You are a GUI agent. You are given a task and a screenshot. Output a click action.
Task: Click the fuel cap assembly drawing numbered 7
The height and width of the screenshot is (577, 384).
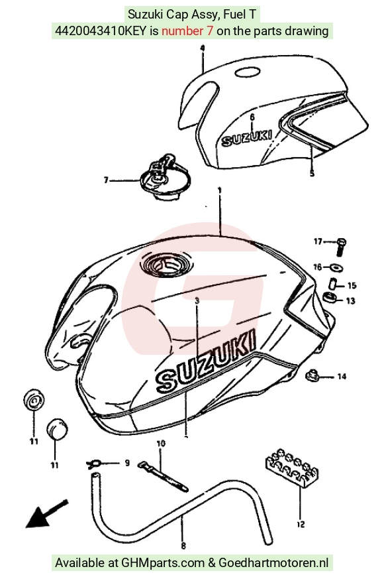point(165,177)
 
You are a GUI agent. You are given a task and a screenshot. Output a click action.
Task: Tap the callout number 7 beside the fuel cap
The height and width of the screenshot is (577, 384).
point(106,180)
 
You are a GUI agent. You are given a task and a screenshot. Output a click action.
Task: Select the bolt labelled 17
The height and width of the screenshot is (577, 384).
point(341,247)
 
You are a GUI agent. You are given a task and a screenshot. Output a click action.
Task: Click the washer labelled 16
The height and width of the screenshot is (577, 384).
point(336,267)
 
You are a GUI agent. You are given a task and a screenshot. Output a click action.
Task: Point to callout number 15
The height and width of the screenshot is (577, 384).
point(352,286)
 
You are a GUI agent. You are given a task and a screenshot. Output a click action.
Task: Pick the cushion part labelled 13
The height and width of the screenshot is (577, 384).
point(329,296)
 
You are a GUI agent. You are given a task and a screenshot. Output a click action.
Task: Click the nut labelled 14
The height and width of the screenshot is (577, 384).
point(312,375)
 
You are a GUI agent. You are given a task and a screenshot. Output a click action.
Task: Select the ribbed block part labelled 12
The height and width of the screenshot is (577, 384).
point(292,468)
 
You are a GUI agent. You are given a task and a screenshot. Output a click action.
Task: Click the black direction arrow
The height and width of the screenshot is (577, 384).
point(46,514)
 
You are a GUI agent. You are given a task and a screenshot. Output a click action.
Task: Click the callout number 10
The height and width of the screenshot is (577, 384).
point(161,444)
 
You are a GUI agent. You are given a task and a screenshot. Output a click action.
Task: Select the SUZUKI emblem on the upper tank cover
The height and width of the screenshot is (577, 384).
point(246,137)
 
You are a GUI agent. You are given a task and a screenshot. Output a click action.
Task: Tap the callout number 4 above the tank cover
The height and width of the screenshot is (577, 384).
point(203,48)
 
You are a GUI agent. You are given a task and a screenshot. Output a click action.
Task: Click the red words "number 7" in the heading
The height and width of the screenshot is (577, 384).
point(187,31)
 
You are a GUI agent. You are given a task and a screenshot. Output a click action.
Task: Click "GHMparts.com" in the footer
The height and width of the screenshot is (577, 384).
point(163,562)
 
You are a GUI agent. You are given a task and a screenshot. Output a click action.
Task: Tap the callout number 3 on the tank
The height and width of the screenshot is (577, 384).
point(197,301)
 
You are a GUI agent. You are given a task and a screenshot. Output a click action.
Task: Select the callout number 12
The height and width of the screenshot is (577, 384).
point(301,524)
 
